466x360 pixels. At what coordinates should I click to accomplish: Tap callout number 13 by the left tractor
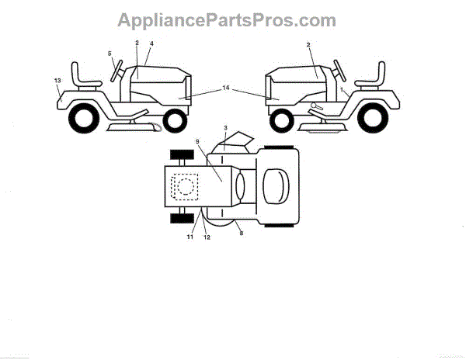(x=57, y=80)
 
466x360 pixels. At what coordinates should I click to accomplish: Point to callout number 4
(x=151, y=43)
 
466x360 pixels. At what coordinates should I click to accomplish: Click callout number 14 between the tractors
(x=226, y=89)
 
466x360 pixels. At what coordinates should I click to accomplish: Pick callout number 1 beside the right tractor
(x=341, y=90)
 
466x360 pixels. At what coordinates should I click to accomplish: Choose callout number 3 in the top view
(x=224, y=126)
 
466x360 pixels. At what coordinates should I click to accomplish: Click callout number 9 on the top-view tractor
(x=198, y=142)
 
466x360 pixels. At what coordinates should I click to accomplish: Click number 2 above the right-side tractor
(x=308, y=46)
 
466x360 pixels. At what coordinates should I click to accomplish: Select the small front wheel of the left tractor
(x=176, y=121)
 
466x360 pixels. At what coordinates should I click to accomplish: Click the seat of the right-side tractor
(x=373, y=77)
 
